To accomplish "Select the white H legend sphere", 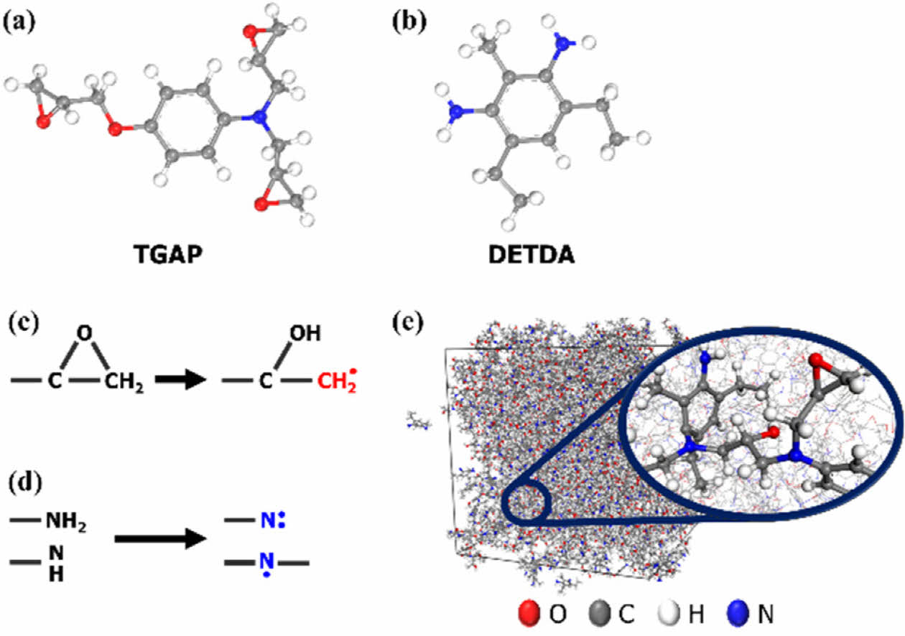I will [x=670, y=614].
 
